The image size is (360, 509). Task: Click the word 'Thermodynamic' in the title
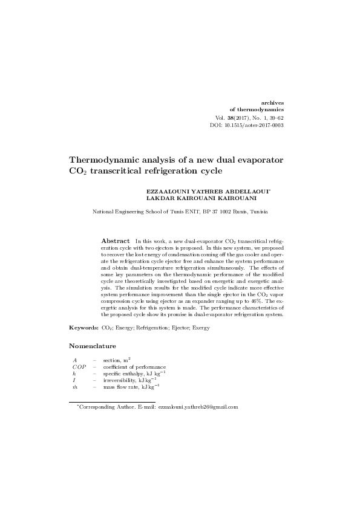[x=105, y=160]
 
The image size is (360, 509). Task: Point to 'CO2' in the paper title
[x=80, y=172]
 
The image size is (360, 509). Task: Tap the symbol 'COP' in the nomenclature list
[x=80, y=367]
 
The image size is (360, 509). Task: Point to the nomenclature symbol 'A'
[x=74, y=360]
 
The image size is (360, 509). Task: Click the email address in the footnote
[x=198, y=407]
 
